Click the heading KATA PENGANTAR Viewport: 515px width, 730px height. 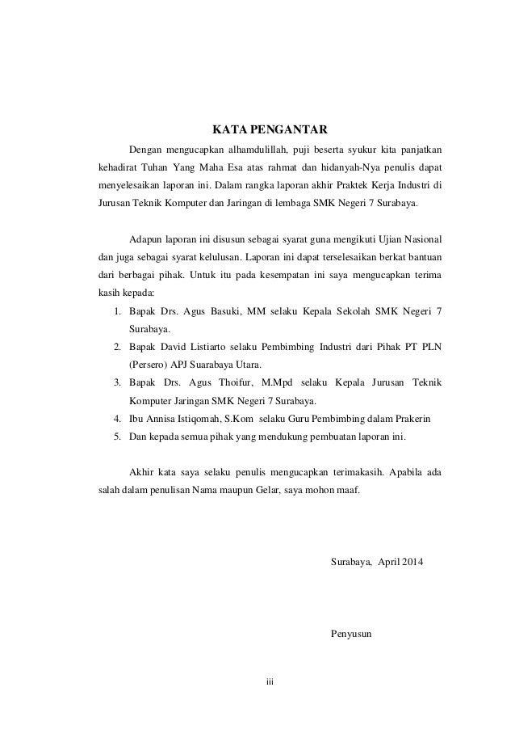tap(269, 129)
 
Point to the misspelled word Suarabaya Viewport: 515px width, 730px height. tap(211, 365)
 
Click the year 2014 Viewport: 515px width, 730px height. tap(418, 561)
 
